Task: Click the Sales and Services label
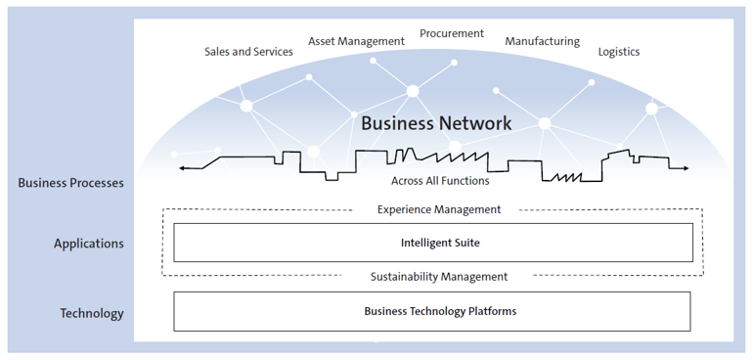(x=248, y=52)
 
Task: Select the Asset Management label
(x=356, y=41)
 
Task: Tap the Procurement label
(x=452, y=33)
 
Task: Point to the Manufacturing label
(x=542, y=42)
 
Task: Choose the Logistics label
(x=618, y=52)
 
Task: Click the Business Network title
(x=436, y=123)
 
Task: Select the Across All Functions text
(x=440, y=180)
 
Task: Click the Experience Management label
(x=439, y=209)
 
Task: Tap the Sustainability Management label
(x=439, y=277)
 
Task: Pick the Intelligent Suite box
(x=433, y=243)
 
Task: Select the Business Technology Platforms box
(x=432, y=311)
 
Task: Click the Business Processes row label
(x=70, y=182)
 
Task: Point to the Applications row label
(x=88, y=244)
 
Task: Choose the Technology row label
(x=92, y=313)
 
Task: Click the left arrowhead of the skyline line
(x=181, y=168)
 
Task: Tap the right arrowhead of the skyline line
(x=687, y=168)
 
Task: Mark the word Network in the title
(x=476, y=123)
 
